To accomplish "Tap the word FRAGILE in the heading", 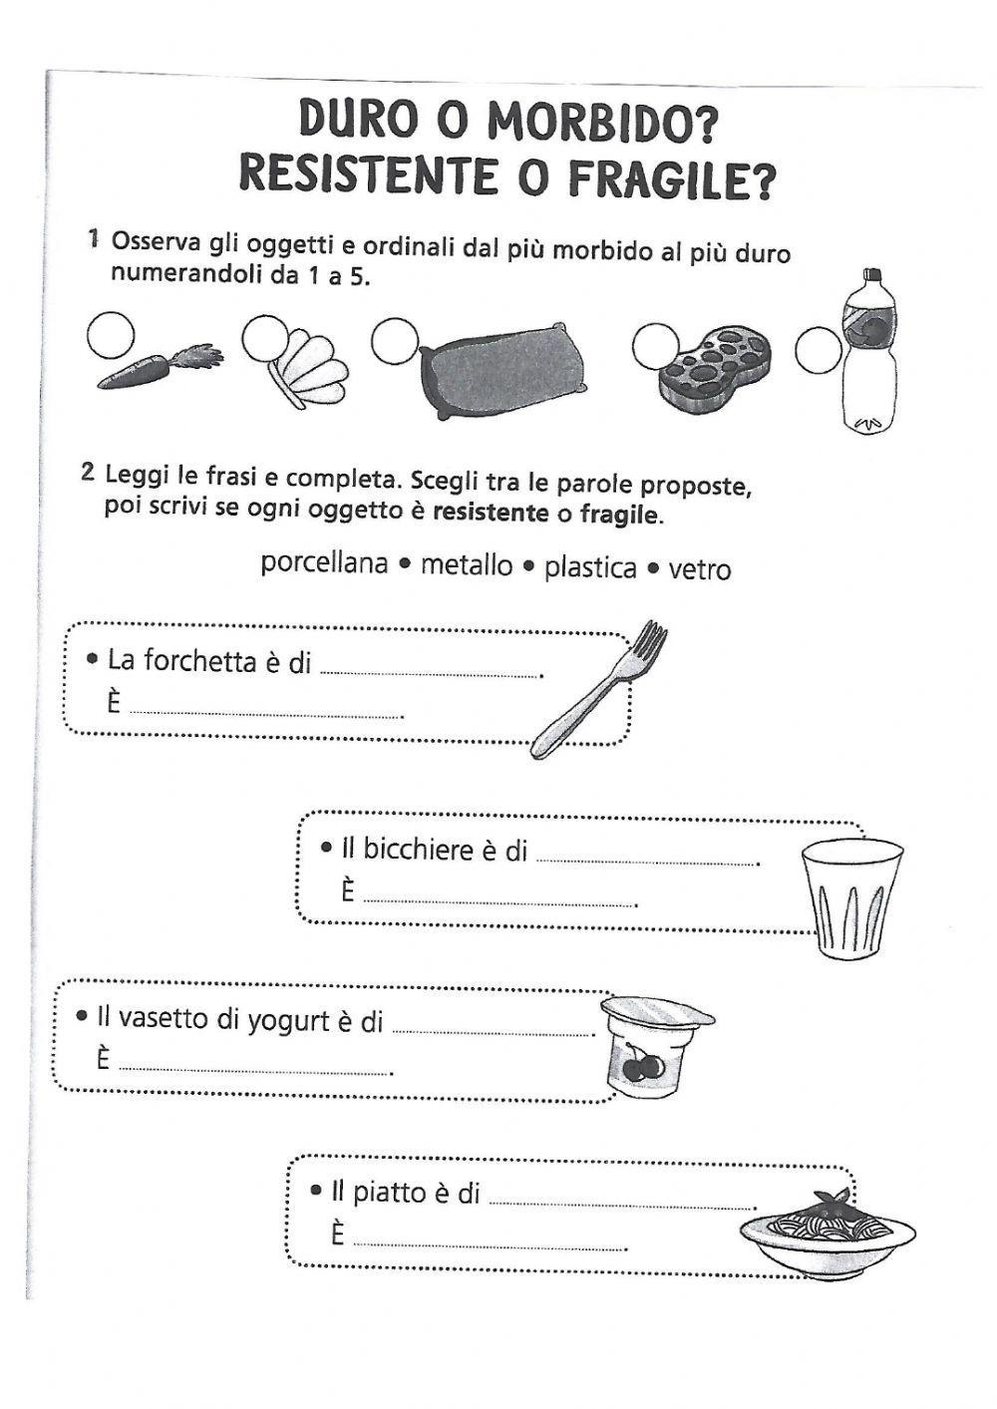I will point(671,179).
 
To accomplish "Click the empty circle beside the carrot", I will point(109,334).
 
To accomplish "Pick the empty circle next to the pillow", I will point(395,341).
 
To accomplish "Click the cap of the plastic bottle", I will point(873,276).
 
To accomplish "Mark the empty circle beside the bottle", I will point(819,349).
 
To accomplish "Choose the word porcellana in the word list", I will point(324,563).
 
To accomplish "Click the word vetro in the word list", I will point(700,569).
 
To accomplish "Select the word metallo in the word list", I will point(466,565).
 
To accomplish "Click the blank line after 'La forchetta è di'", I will point(430,673).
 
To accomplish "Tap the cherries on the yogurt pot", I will point(641,1066).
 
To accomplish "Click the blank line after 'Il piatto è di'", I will point(623,1203).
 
